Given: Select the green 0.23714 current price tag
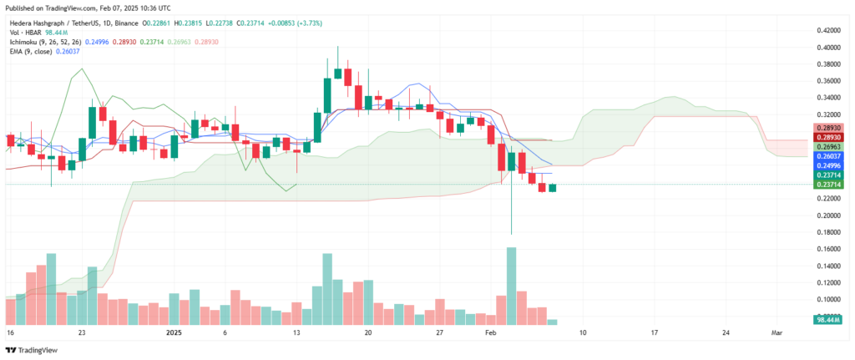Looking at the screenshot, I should (x=832, y=184).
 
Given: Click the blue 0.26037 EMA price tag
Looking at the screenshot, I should (x=832, y=155).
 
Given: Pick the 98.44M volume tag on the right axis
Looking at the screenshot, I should (x=832, y=319).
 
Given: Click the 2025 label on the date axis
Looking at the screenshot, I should (x=173, y=332).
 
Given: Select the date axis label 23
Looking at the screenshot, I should (x=82, y=332).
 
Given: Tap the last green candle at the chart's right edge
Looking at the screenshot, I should (x=552, y=187).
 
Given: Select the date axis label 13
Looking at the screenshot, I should (x=296, y=332).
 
